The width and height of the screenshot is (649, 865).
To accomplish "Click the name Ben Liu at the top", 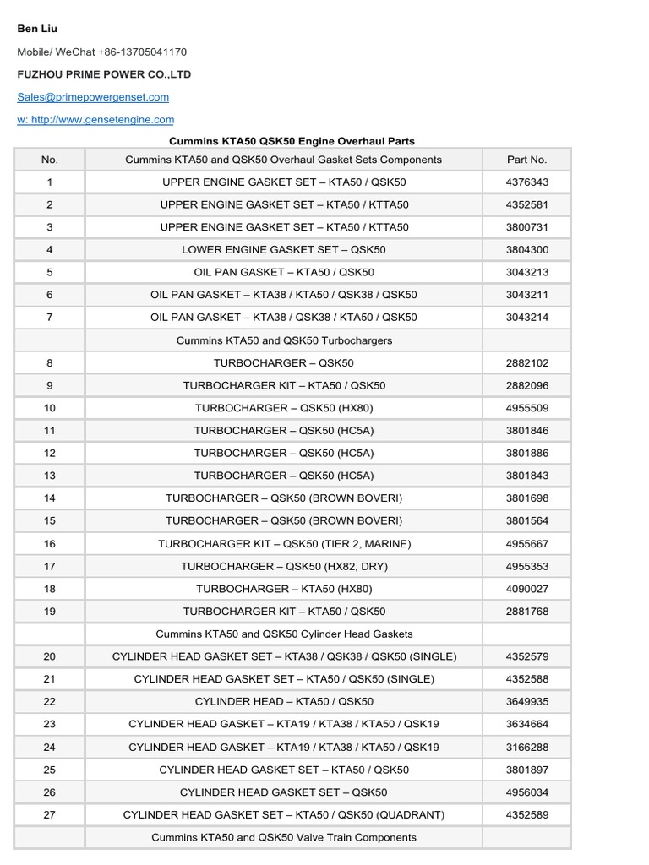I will (x=37, y=29).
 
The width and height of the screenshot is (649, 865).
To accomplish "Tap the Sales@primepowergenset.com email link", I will (x=93, y=97).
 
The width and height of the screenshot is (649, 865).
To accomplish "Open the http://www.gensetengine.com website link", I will (x=95, y=120).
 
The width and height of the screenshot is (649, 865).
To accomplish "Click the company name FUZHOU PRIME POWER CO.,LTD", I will (x=104, y=74).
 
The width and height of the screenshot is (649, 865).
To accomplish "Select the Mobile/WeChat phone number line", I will (x=101, y=52).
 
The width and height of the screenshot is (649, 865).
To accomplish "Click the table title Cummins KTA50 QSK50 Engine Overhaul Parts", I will (x=292, y=141).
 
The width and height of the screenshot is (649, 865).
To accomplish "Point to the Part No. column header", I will (x=526, y=159).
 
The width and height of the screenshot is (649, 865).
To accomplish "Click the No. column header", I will (x=49, y=159).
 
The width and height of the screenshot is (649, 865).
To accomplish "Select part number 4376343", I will (x=526, y=182).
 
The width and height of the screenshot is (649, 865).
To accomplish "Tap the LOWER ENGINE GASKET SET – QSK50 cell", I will (x=283, y=249).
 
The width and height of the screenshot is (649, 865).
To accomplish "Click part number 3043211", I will (x=526, y=295).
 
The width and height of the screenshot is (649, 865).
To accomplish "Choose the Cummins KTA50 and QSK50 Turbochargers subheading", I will (x=283, y=340).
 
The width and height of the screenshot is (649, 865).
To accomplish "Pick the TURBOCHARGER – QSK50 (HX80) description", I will (x=283, y=408).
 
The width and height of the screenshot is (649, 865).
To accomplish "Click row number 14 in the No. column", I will (x=49, y=498).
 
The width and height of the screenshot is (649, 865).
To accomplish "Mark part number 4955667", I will (x=526, y=544).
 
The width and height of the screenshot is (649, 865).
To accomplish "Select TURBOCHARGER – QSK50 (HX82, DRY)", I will (x=283, y=566).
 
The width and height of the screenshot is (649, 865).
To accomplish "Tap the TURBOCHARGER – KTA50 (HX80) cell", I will (x=283, y=589).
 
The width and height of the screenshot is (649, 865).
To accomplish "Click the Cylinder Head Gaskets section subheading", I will (x=283, y=634).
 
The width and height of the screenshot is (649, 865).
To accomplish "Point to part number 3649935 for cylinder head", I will (x=526, y=701).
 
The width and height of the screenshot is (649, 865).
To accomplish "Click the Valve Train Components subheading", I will (x=283, y=837).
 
